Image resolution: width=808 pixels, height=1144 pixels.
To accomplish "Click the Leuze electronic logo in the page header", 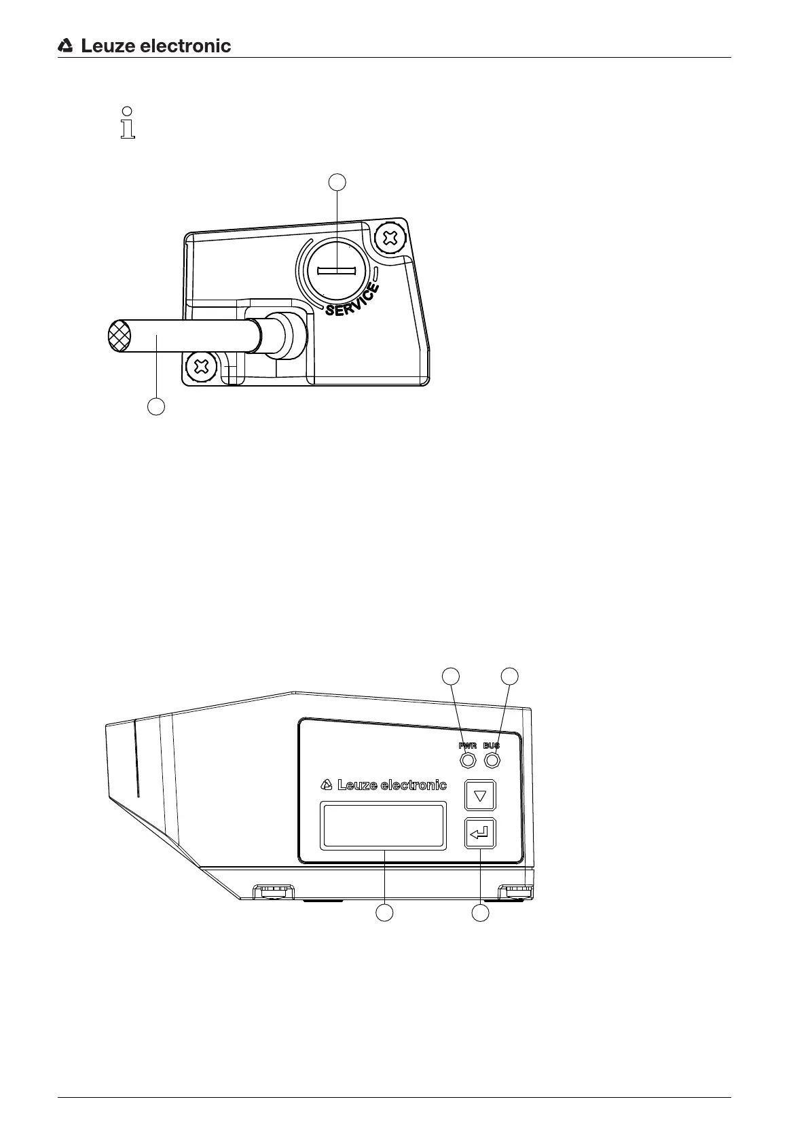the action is (x=145, y=46).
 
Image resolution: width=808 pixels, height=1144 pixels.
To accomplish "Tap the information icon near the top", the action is (x=127, y=123).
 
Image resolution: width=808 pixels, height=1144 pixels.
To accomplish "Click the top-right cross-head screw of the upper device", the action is (x=390, y=238).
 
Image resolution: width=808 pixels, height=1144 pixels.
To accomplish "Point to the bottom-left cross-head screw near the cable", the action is (x=201, y=368).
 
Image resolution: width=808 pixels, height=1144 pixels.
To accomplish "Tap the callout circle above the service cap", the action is (x=337, y=181).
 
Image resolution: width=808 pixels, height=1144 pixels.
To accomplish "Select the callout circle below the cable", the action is (x=156, y=407).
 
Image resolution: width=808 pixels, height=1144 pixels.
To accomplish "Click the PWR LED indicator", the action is (x=468, y=760).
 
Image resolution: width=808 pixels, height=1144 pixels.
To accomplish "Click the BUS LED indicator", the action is (x=492, y=760).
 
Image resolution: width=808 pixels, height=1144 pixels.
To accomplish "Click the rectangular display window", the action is (x=384, y=825).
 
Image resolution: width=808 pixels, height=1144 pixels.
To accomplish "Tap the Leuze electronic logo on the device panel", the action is (x=384, y=785).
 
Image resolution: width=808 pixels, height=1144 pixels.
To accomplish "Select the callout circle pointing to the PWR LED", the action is (x=451, y=675).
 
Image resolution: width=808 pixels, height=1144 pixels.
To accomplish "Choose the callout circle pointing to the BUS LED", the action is (x=509, y=675).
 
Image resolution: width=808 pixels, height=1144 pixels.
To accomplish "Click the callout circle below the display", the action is (x=385, y=913).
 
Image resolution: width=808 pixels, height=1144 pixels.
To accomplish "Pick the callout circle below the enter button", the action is (x=481, y=913).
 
